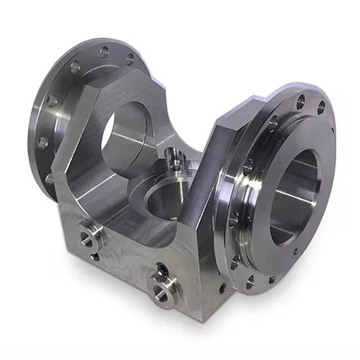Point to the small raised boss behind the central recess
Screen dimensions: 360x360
(173, 158)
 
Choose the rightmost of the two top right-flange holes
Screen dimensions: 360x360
(321, 108)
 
